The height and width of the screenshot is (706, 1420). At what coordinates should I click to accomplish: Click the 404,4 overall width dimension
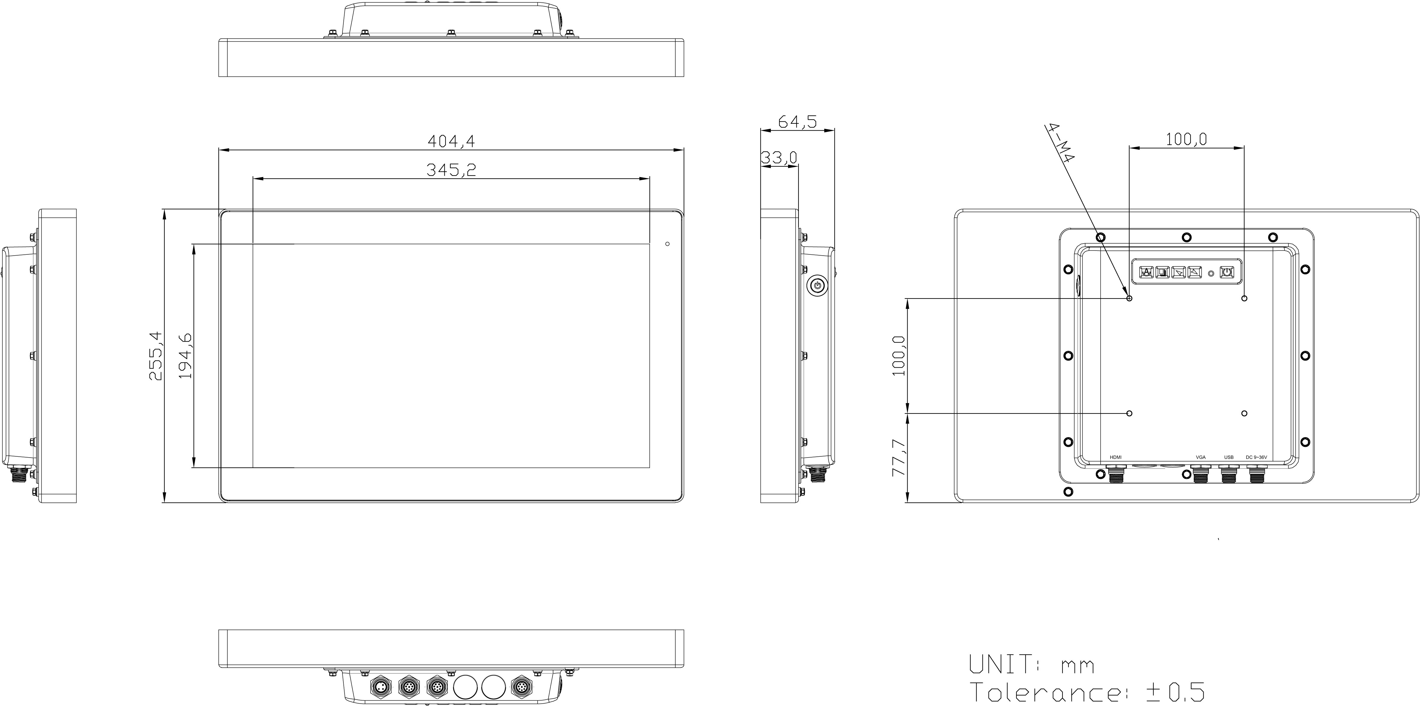point(451,142)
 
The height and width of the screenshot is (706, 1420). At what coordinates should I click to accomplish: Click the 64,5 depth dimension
point(797,121)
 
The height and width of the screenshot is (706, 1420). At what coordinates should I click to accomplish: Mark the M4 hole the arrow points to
point(1129,298)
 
